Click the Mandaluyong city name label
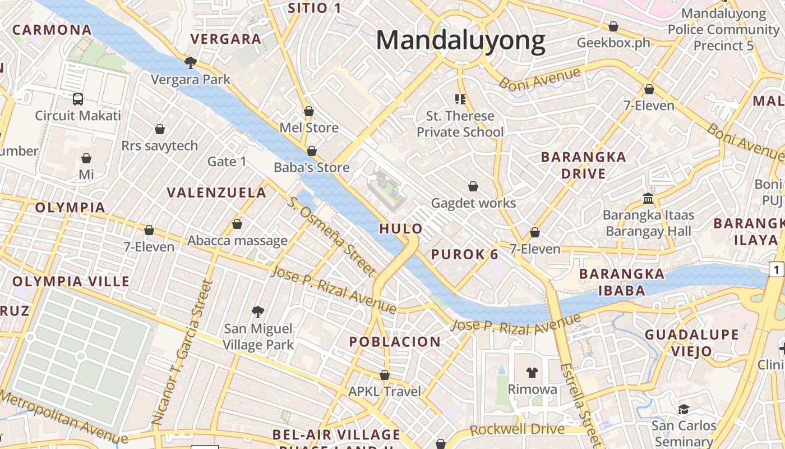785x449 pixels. tap(460, 41)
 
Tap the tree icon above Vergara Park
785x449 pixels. tap(191, 62)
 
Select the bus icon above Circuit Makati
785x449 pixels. tap(78, 99)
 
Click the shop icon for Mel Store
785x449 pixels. tap(308, 111)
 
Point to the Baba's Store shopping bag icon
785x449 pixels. tap(312, 151)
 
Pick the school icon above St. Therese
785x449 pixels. tap(460, 99)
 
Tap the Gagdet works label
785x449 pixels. tap(473, 203)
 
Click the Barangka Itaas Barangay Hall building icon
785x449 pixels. tap(648, 198)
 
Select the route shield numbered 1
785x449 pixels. tap(777, 270)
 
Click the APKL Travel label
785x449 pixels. tap(385, 391)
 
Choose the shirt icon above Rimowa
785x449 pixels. tap(532, 372)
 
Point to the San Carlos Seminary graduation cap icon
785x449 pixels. tap(684, 409)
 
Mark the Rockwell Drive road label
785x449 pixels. tap(517, 430)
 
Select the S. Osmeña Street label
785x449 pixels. tap(331, 236)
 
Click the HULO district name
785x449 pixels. tap(401, 229)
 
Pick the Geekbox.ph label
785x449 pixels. tap(613, 43)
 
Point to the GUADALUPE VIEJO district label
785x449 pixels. tap(692, 343)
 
